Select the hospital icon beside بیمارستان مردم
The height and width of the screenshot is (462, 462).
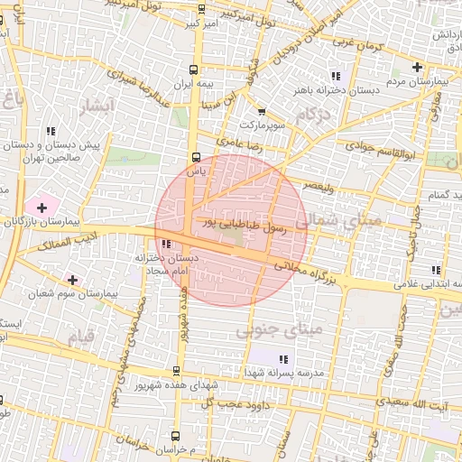(x=417, y=67)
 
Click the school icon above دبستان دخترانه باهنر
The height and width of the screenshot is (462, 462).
(x=336, y=77)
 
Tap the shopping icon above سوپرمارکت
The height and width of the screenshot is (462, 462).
(x=262, y=111)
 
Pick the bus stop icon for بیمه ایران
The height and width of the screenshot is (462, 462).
(x=194, y=68)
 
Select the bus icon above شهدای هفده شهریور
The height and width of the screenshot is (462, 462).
(x=176, y=371)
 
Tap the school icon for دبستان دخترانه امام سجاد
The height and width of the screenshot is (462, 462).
(x=165, y=244)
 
